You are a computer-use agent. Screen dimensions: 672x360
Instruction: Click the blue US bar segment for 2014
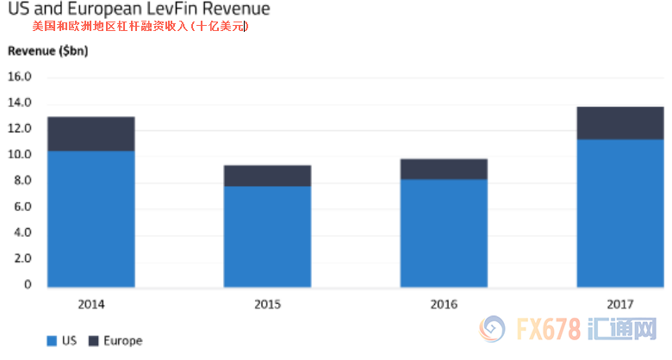[90, 219]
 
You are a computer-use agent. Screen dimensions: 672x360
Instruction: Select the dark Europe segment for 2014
[90, 133]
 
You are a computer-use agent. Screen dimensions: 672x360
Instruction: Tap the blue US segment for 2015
[267, 237]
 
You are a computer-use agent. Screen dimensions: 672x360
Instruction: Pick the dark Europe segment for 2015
[267, 176]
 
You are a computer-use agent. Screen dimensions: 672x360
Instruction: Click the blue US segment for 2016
[444, 233]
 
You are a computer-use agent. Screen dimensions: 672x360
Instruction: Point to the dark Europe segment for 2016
[444, 170]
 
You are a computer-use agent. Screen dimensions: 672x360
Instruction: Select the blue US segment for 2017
[620, 213]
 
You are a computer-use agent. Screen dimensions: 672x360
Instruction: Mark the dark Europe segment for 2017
[620, 123]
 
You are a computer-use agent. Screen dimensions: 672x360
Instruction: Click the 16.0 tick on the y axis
[19, 77]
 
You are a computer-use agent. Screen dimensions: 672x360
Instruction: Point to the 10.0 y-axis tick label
[19, 154]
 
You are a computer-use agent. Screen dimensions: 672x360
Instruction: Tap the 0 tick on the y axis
[28, 284]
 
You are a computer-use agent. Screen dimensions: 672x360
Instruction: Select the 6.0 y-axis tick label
[22, 207]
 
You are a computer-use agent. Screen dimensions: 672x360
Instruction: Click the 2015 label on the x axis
[267, 304]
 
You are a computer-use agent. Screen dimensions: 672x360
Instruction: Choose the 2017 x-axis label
[620, 304]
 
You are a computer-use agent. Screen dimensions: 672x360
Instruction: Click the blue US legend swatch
[52, 341]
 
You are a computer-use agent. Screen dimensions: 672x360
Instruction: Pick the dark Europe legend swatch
[93, 341]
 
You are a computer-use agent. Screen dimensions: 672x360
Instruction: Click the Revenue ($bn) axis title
[48, 51]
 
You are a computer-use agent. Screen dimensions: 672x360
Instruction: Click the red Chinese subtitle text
[140, 27]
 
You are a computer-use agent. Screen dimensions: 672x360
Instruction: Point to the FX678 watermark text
[549, 329]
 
